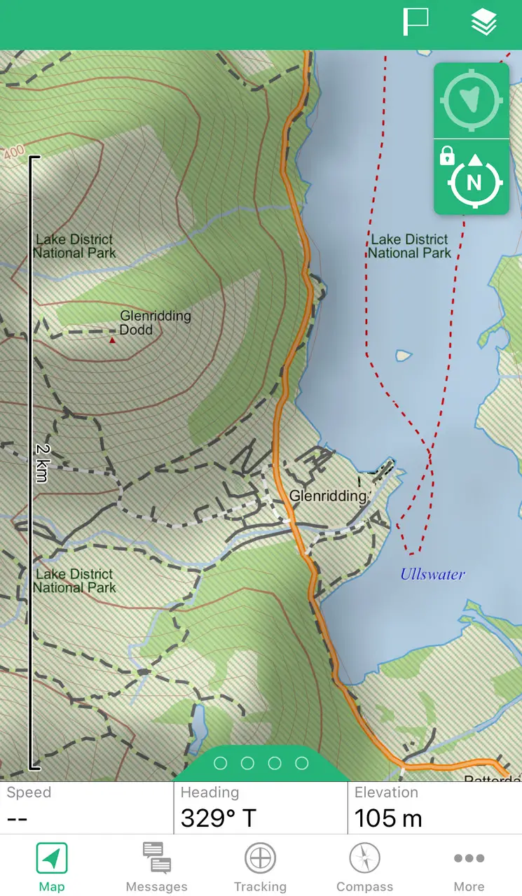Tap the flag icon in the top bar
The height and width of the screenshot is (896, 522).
(x=415, y=22)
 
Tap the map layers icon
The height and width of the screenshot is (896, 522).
(x=483, y=22)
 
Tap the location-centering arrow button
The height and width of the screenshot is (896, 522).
(x=472, y=101)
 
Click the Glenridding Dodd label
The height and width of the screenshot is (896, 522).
(x=155, y=323)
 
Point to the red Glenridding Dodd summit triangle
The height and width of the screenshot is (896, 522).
(x=112, y=340)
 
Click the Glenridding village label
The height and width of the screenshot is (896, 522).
(x=328, y=496)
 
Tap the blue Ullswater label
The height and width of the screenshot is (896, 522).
(x=432, y=575)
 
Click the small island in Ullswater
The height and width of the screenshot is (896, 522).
(x=403, y=356)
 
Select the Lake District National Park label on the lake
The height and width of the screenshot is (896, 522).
(x=410, y=246)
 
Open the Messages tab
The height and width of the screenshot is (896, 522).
(x=156, y=867)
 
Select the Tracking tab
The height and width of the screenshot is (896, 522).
(x=260, y=867)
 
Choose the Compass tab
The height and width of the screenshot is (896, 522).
(x=364, y=867)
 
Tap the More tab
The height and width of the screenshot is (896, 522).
(x=469, y=867)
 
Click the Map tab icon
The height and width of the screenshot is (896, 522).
(x=52, y=859)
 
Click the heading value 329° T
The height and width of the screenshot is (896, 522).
(x=218, y=818)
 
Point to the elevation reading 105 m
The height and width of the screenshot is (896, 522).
(x=388, y=818)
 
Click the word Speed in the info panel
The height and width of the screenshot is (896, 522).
(x=29, y=792)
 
